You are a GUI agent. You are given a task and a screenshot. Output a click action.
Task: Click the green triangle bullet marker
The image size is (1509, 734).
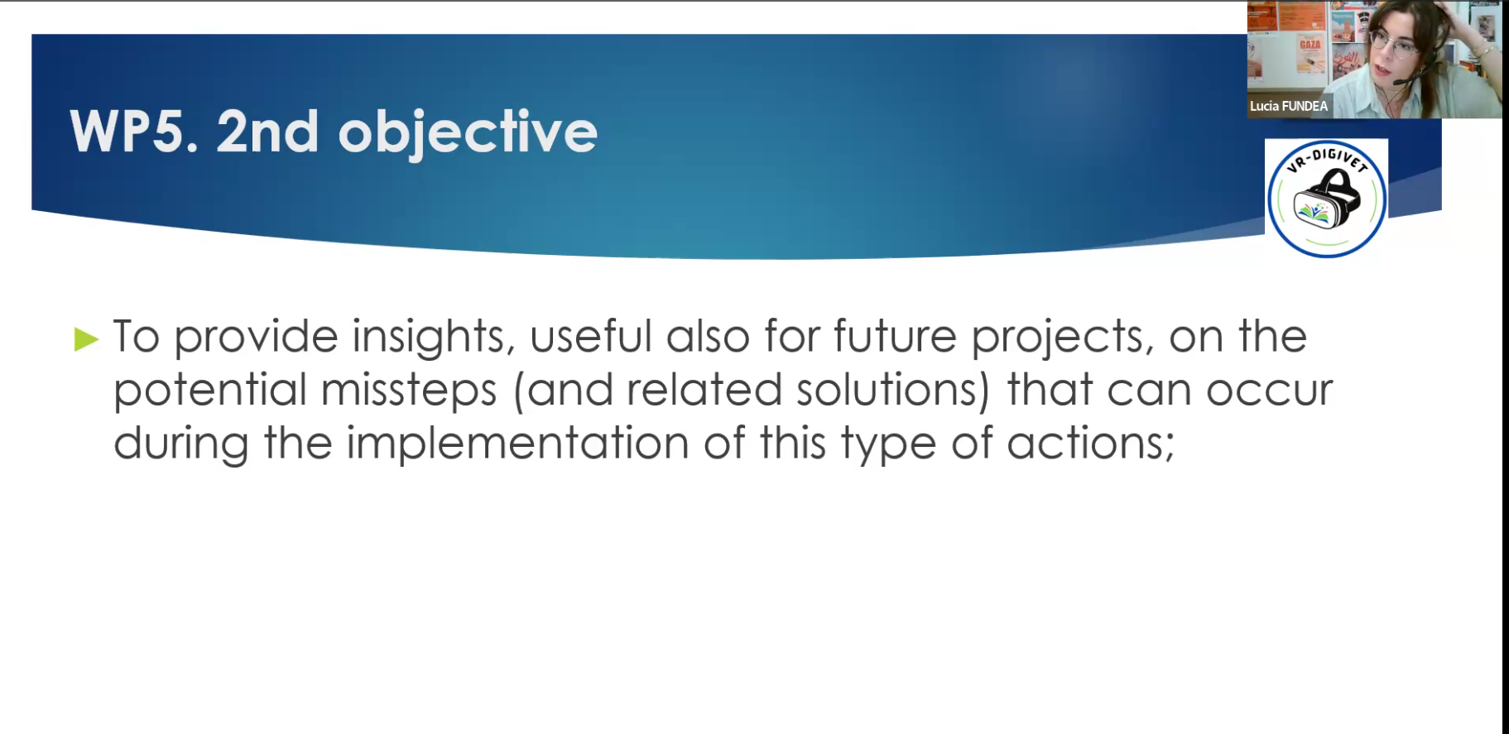[x=86, y=338]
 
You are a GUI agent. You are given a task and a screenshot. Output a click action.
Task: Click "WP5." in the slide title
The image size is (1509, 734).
[x=134, y=132]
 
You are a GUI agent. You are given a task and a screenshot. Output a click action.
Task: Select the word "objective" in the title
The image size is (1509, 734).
[x=468, y=134]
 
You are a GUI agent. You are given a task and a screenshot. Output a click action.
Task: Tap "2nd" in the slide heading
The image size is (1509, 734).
[x=267, y=132]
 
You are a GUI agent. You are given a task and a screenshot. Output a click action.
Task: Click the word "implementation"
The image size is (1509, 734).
[x=517, y=444]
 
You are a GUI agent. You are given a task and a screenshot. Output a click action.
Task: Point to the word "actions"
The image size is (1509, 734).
[x=1090, y=444]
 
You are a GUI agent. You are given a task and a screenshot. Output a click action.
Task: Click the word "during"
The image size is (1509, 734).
[x=181, y=444]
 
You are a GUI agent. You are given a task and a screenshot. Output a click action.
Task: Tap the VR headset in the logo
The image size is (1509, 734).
[x=1327, y=200]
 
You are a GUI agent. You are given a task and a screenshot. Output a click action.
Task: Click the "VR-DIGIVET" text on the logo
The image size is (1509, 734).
[x=1327, y=159]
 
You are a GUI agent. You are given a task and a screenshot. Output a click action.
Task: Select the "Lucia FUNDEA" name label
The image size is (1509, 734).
[x=1289, y=106]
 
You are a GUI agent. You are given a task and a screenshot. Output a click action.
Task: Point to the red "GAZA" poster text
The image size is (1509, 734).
[x=1310, y=45]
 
